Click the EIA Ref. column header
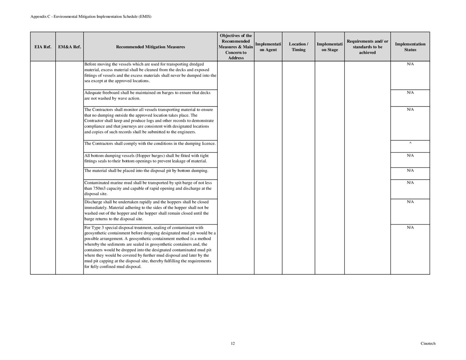(x=43, y=47)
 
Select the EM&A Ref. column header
(x=70, y=47)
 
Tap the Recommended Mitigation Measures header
(x=150, y=47)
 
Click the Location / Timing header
(x=298, y=47)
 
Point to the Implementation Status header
(x=410, y=47)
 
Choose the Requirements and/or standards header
(x=367, y=47)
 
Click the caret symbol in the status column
(x=410, y=143)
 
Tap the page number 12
(x=233, y=343)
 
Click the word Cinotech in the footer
(x=428, y=343)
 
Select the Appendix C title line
(x=91, y=17)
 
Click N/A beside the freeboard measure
(x=410, y=93)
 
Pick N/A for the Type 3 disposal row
(x=410, y=228)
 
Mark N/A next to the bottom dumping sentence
(x=410, y=171)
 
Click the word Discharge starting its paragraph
(x=93, y=202)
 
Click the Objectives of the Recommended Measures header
(x=236, y=47)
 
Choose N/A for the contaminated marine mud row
(x=410, y=183)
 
